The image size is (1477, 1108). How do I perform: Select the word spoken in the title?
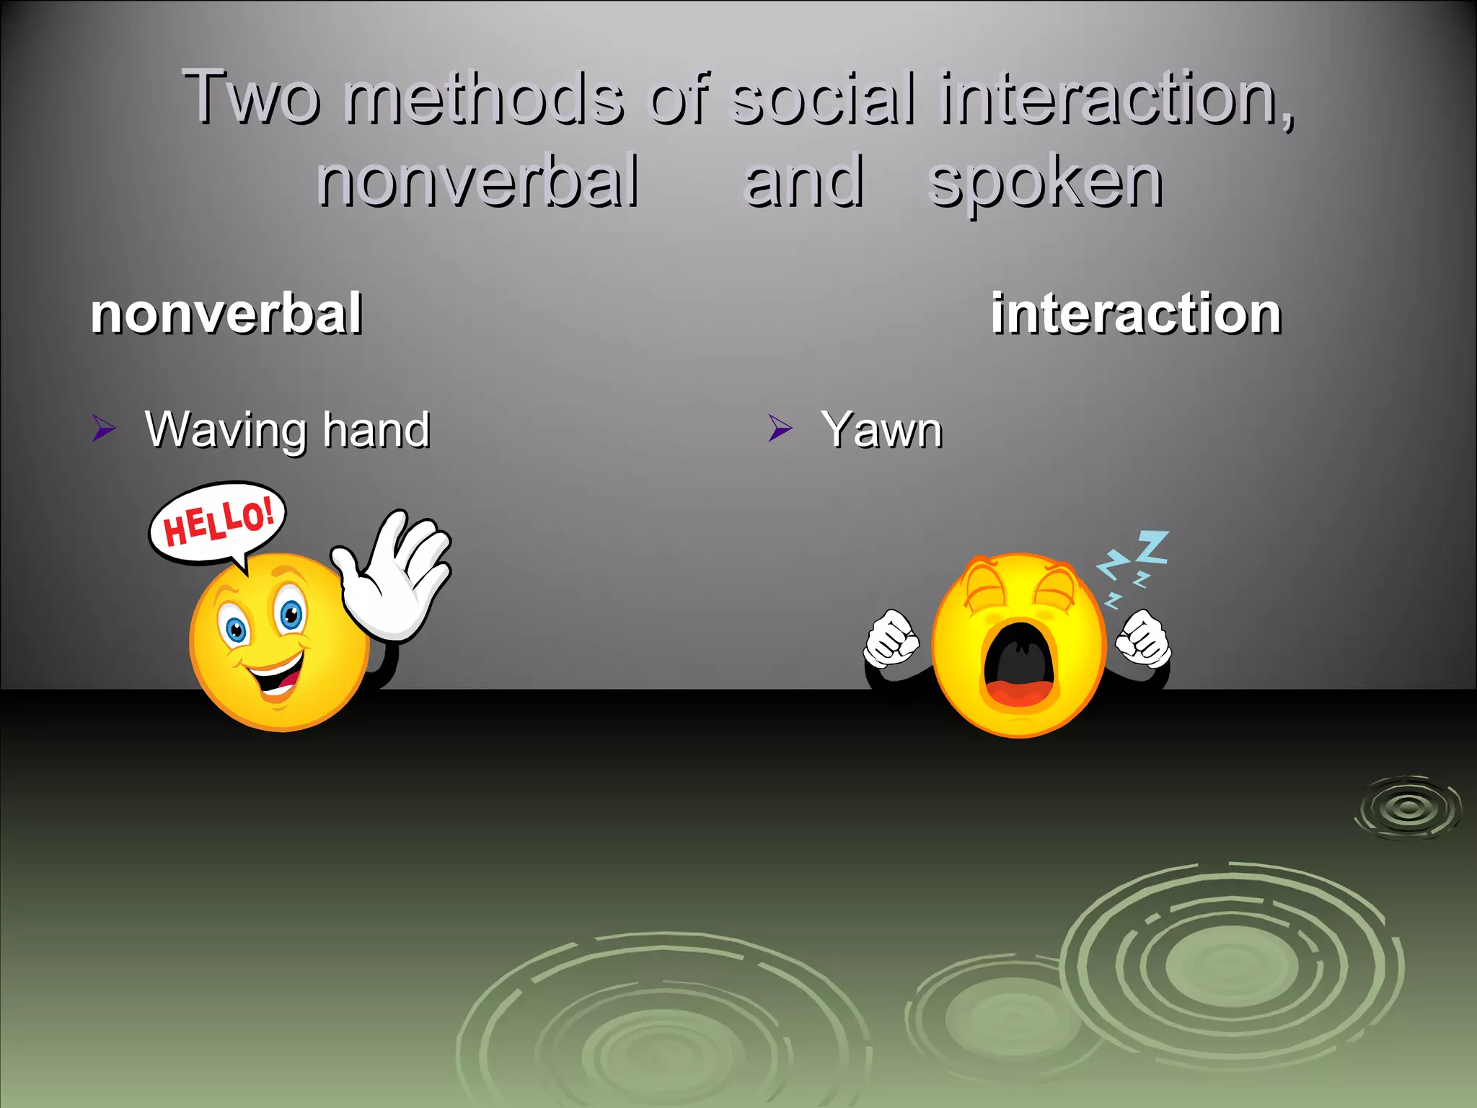[x=1045, y=183]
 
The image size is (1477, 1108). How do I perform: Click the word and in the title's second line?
[x=803, y=182]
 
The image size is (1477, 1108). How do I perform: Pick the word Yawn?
[x=881, y=430]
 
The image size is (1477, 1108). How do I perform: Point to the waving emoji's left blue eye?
[x=236, y=631]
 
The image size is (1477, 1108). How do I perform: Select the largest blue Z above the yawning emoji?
[x=1152, y=547]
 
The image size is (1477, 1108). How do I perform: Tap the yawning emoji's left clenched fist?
[x=891, y=638]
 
